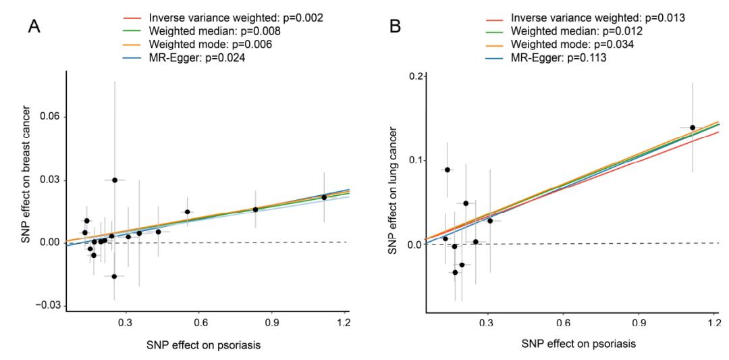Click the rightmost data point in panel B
pos(693,128)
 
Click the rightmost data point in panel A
pos(324,197)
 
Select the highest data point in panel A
pos(115,180)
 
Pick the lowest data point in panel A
pos(115,276)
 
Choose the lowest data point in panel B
pos(455,272)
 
